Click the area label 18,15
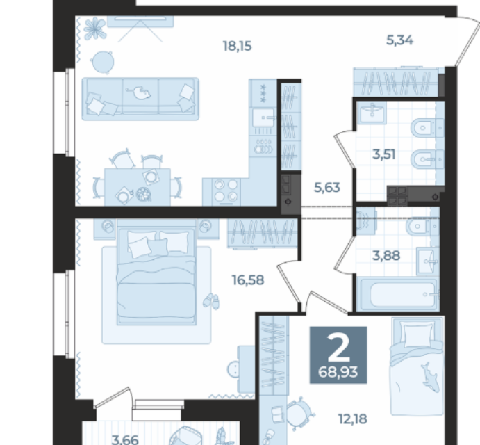(x=238, y=47)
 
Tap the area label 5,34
(x=399, y=40)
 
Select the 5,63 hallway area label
(x=327, y=187)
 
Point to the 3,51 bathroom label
(x=384, y=154)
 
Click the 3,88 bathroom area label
(x=386, y=255)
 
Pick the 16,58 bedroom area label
(x=248, y=280)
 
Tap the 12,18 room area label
(x=353, y=419)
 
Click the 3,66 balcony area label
(x=125, y=440)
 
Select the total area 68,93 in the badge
(x=338, y=373)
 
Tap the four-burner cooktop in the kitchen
(x=226, y=191)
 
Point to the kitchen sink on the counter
(x=263, y=118)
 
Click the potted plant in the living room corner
(x=95, y=29)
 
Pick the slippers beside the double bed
(x=212, y=301)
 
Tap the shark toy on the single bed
(x=431, y=378)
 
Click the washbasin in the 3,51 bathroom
(x=372, y=113)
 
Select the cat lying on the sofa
(x=138, y=92)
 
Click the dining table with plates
(x=137, y=187)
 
